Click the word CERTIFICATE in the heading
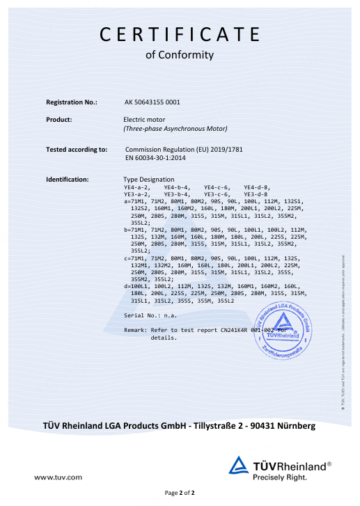(x=180, y=34)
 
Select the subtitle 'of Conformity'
(x=180, y=55)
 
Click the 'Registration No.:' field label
(x=71, y=102)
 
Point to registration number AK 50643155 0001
(x=152, y=102)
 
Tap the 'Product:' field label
(x=59, y=120)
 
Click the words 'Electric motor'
(x=145, y=120)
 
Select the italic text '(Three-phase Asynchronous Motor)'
(x=175, y=129)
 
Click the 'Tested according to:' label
(x=77, y=150)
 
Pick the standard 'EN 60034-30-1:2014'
(x=157, y=158)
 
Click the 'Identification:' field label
(x=68, y=180)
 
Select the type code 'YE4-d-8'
(x=257, y=188)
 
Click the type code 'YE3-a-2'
(x=137, y=194)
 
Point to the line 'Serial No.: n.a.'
(x=149, y=315)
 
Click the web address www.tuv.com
(x=58, y=477)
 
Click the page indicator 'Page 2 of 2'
(x=180, y=493)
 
